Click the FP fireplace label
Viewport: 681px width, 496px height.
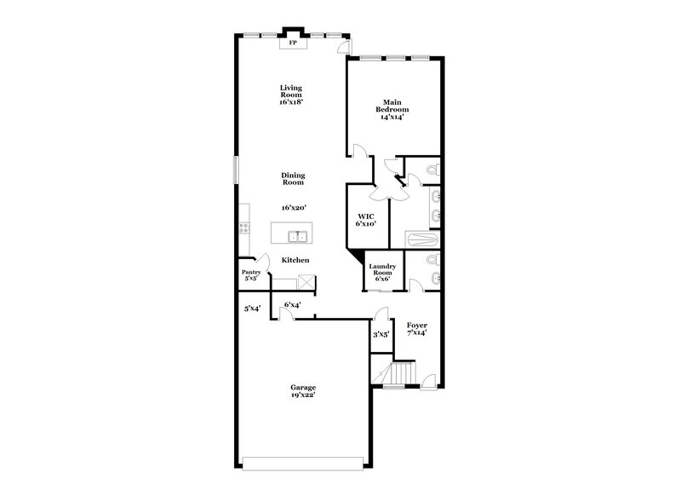click(x=294, y=42)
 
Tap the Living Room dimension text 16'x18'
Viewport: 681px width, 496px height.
click(x=291, y=101)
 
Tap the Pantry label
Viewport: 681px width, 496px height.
click(x=251, y=272)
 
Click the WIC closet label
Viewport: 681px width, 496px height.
click(x=365, y=216)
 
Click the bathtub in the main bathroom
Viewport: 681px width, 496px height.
click(x=422, y=240)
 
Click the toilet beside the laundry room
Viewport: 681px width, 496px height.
click(x=432, y=260)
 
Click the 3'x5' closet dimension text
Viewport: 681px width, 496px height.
click(x=381, y=334)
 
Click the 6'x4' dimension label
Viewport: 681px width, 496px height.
click(x=291, y=304)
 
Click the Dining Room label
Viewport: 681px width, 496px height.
click(x=293, y=179)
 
